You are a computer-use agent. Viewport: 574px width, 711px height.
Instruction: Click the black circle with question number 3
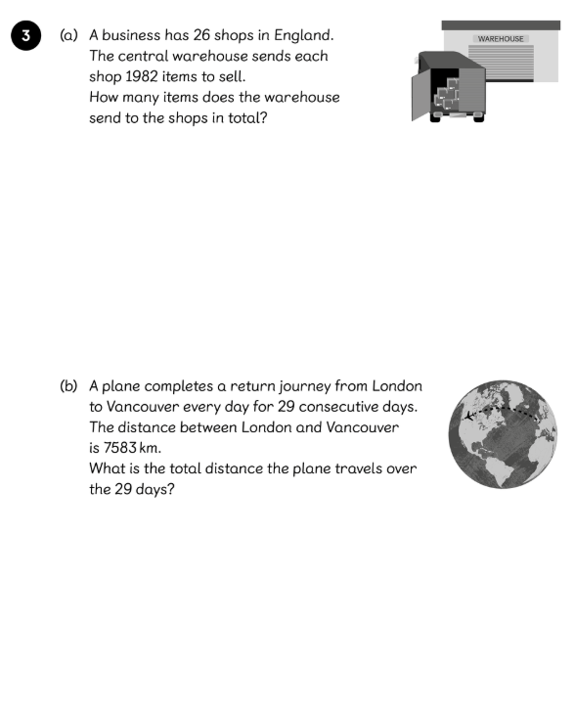tap(25, 35)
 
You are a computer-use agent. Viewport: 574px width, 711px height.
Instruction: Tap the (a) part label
tap(68, 35)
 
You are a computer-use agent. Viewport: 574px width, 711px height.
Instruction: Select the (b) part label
tap(68, 386)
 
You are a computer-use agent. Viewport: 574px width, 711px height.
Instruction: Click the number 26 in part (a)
tap(202, 35)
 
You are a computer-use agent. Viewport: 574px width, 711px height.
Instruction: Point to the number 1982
tap(142, 76)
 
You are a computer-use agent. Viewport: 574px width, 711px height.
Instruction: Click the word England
tap(304, 36)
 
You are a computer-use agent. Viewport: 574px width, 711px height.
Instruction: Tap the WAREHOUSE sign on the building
tap(501, 39)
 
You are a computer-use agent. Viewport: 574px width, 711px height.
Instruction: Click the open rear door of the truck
tap(420, 97)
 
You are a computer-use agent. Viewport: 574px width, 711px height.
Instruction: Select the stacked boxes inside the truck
tap(447, 94)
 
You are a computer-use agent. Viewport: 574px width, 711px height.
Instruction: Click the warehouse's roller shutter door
tap(501, 63)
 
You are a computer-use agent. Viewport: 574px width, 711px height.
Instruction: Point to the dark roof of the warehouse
tap(501, 25)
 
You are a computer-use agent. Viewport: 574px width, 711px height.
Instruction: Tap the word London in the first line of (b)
tap(397, 386)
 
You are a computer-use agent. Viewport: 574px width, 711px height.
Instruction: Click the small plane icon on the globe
tap(469, 415)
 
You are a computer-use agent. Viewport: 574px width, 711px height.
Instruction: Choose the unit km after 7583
tap(149, 448)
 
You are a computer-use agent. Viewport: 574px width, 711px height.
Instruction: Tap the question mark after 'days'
tap(170, 489)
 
